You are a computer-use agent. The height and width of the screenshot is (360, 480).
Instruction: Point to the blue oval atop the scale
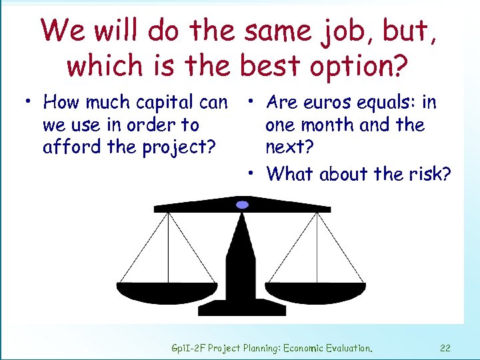(243, 205)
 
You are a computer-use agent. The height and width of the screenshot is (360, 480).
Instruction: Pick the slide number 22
(445, 347)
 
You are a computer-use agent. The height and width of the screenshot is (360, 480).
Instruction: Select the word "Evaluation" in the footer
(346, 347)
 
